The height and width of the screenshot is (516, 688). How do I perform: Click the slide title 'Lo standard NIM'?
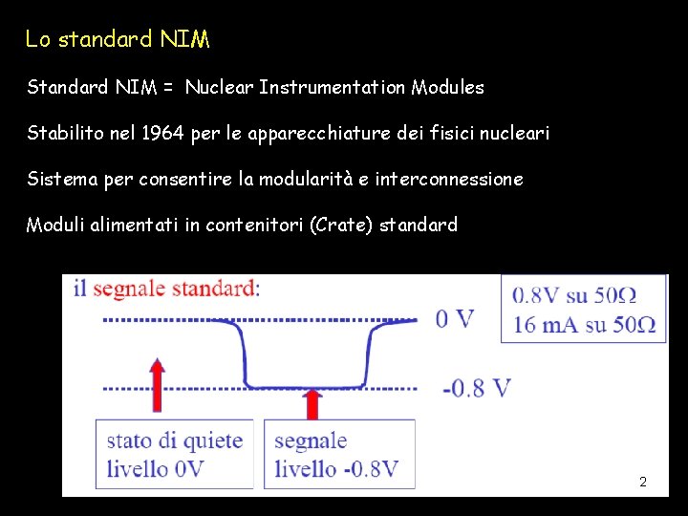coord(118,40)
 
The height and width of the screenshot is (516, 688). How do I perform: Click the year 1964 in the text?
coord(163,133)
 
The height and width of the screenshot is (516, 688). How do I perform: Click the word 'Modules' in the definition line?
coord(447,88)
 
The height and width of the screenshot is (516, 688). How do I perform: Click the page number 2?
coord(642,482)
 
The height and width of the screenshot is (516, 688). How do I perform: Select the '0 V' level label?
coord(454,318)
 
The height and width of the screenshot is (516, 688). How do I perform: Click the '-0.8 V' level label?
coord(476,388)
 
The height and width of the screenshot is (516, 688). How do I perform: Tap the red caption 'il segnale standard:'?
coord(166,289)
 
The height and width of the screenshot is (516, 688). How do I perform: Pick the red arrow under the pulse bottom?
coord(311,403)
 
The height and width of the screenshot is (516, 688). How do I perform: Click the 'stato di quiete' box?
coord(174,455)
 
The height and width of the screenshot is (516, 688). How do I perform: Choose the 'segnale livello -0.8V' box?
coord(337,455)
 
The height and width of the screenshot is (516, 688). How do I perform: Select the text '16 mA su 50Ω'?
coord(583,324)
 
